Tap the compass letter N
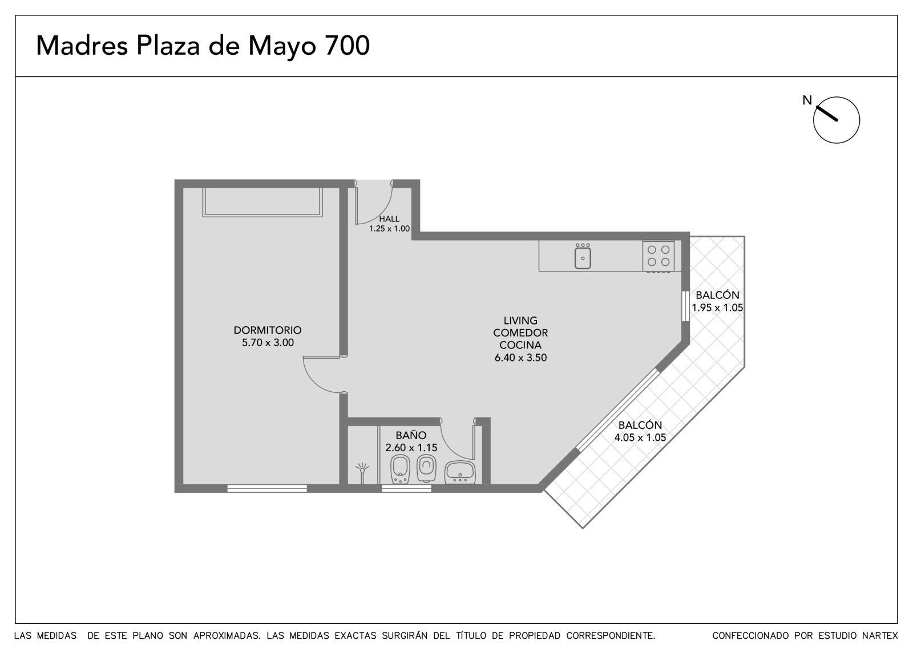coord(807,100)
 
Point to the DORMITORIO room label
coord(268,330)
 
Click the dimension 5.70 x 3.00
coord(268,343)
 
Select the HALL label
coord(389,219)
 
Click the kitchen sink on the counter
coord(583,256)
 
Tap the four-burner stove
coord(659,256)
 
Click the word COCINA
coord(520,345)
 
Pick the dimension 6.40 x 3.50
coord(520,358)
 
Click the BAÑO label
coord(411,435)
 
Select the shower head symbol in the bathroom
coord(362,472)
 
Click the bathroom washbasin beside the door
coord(460,472)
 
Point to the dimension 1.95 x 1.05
coord(717,307)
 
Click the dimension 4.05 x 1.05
coord(640,437)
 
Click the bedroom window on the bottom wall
coord(267,489)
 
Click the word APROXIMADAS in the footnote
coord(227,636)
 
